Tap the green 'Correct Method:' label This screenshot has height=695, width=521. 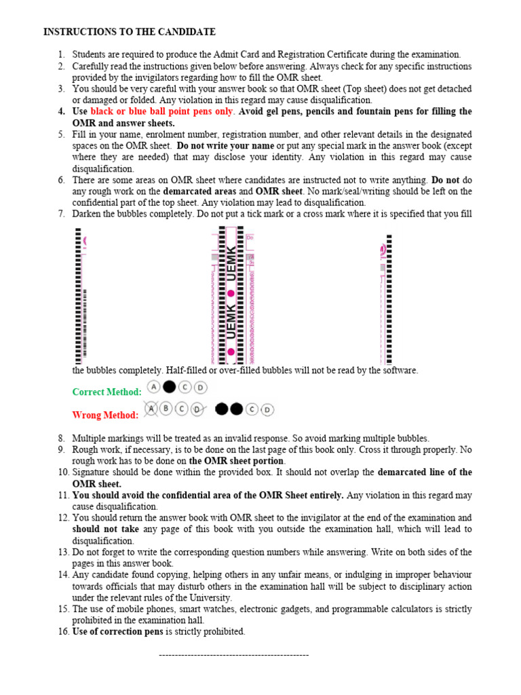tap(107, 392)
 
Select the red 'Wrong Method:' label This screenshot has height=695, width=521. tap(105, 415)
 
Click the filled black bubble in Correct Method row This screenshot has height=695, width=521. tap(169, 387)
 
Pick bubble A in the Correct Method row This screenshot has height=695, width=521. tap(154, 387)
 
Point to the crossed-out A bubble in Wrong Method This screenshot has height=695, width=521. tap(151, 409)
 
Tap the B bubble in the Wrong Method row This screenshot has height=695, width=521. tap(167, 409)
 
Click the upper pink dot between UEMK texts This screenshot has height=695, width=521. tap(231, 293)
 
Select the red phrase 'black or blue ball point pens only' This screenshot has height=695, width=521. tap(162, 111)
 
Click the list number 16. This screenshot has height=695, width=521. tap(62, 632)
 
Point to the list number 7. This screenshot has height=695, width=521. tap(61, 214)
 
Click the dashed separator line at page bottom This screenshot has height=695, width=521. tap(233, 655)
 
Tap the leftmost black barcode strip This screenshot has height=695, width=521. tap(77, 296)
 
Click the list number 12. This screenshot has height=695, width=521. tap(62, 518)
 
